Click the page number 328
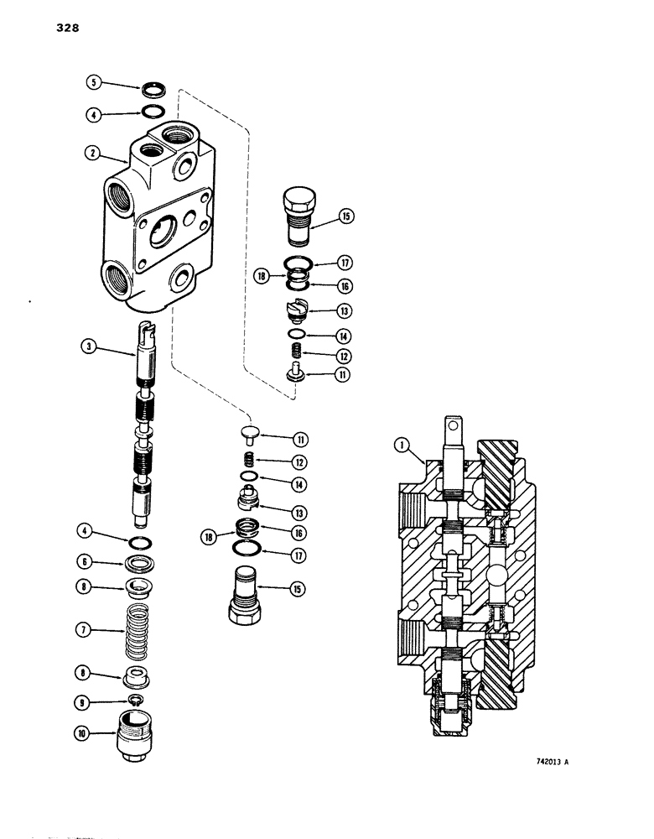(45, 28)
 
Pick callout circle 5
(94, 82)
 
